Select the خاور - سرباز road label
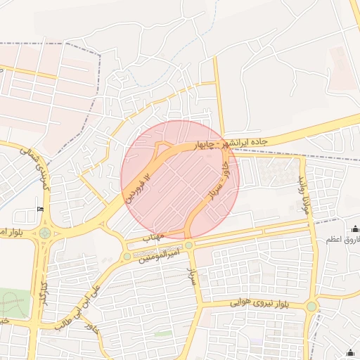coord(217,182)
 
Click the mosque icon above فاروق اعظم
coord(354,229)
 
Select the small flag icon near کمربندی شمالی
coord(40,209)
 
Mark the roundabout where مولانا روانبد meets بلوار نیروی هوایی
coord(311,307)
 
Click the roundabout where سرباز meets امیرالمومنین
coord(189,245)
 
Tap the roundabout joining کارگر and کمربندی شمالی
coord(45,233)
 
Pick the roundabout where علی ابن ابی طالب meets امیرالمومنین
coord(127,256)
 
